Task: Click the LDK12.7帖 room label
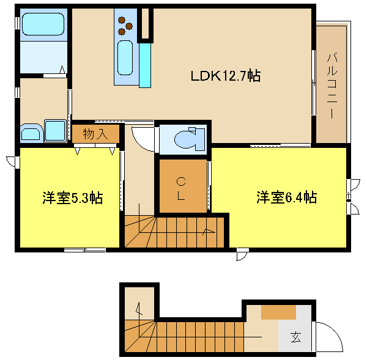click(x=226, y=76)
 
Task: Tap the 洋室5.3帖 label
click(x=73, y=198)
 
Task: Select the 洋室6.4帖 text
click(x=287, y=197)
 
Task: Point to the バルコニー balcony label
click(x=332, y=86)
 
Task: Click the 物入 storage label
click(x=95, y=134)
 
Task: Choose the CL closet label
click(x=181, y=188)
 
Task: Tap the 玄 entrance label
click(x=296, y=337)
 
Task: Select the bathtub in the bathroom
click(x=43, y=24)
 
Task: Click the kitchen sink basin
click(x=125, y=58)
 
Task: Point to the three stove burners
click(x=125, y=26)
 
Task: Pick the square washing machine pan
click(x=56, y=131)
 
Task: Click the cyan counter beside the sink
click(x=145, y=65)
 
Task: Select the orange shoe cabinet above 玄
click(x=278, y=312)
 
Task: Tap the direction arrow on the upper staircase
click(x=209, y=231)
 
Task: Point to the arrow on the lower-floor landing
click(x=139, y=309)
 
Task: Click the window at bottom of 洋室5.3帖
click(x=85, y=250)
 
